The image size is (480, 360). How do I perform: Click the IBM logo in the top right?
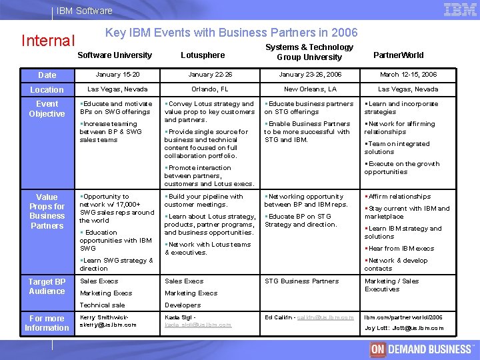(460, 9)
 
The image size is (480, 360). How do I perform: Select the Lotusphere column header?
(203, 55)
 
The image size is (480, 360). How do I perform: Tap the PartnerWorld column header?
(398, 55)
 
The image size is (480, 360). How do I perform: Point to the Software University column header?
(115, 55)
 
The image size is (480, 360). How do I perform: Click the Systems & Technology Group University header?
(309, 52)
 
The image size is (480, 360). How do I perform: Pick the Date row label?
(47, 75)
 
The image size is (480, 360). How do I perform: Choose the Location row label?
(47, 89)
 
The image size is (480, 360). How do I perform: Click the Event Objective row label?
(47, 109)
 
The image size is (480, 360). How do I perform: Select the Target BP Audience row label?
(47, 286)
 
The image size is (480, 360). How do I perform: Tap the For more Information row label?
(47, 323)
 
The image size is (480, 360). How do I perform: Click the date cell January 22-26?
(210, 75)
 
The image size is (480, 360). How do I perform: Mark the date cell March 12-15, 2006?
(408, 75)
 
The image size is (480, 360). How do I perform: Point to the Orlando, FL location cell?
(210, 89)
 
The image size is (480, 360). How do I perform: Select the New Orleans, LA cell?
(310, 89)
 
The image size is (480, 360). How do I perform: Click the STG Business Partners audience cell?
(301, 281)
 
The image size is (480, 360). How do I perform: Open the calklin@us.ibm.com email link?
(325, 317)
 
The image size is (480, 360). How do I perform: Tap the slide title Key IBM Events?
(231, 33)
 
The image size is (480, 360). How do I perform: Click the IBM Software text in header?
(85, 11)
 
